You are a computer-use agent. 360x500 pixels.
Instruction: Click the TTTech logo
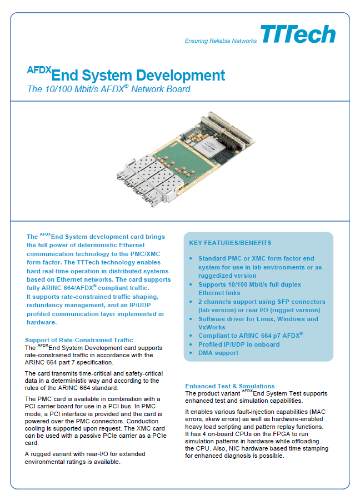coord(298,34)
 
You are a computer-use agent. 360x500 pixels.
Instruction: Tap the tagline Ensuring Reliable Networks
coord(221,41)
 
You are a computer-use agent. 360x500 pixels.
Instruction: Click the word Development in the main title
coord(181,76)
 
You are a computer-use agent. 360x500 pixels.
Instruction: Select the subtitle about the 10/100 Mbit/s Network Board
coord(109,89)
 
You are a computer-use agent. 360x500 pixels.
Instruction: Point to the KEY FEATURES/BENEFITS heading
coord(230,243)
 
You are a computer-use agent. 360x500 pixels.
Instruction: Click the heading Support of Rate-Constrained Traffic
coord(79,340)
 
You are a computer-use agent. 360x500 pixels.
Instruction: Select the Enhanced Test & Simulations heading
coord(230,386)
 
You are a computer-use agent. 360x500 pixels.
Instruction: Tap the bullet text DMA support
coord(218,353)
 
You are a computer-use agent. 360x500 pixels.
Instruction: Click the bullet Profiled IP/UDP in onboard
coord(239,344)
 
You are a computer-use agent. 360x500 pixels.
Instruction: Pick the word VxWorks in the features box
coord(212,327)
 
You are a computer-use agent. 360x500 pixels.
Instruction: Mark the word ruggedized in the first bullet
coord(213,276)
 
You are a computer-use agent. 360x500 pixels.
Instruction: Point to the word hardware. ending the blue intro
coord(42,322)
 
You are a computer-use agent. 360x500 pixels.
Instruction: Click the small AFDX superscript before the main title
coord(39,69)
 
